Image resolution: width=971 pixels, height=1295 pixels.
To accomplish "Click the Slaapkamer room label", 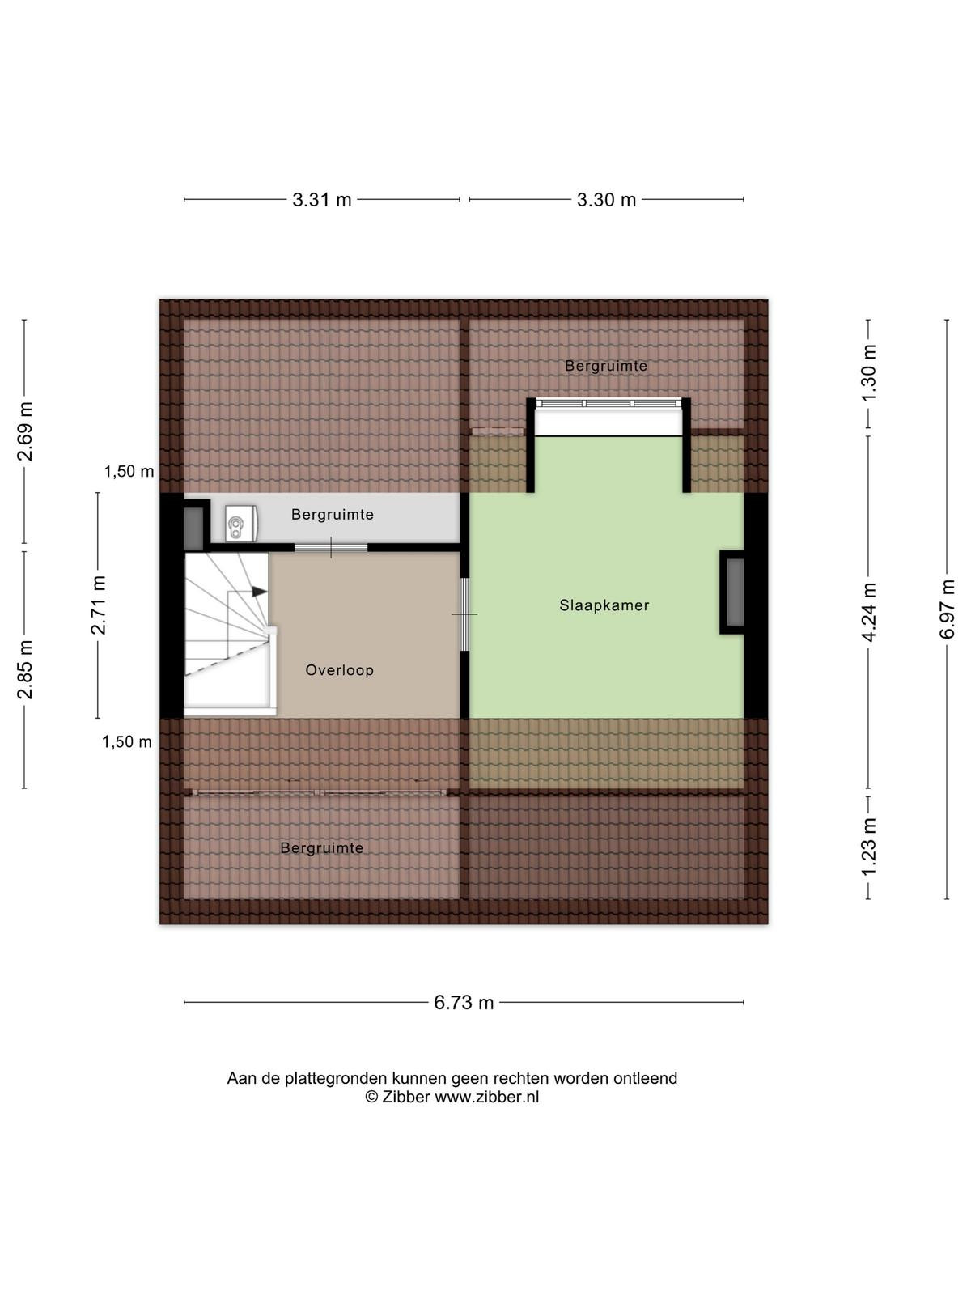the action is click(x=604, y=605).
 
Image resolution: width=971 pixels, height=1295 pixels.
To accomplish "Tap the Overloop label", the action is click(x=339, y=670).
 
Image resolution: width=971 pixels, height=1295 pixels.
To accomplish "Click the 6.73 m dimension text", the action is click(x=464, y=1002).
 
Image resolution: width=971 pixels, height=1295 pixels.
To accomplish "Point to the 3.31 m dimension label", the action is click(x=321, y=200).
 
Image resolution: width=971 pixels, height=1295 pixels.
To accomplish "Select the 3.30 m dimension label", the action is click(x=606, y=200).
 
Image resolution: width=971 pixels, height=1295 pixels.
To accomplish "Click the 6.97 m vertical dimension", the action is click(x=947, y=609).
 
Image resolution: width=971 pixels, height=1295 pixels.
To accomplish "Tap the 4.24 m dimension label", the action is click(x=868, y=612).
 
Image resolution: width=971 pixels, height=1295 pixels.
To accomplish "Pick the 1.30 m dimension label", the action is click(x=868, y=373).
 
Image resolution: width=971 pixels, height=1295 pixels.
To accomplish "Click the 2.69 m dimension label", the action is click(x=25, y=431).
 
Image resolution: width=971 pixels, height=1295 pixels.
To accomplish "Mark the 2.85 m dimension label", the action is click(x=25, y=669).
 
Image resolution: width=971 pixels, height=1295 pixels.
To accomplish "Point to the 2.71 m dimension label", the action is click(x=98, y=605).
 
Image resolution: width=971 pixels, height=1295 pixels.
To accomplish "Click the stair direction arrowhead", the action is click(x=260, y=591).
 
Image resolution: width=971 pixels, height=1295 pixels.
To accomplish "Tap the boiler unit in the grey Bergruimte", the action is click(x=240, y=524).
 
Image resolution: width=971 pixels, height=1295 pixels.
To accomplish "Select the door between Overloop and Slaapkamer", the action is click(x=464, y=614).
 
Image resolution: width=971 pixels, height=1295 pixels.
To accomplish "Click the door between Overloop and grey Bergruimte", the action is click(x=331, y=547).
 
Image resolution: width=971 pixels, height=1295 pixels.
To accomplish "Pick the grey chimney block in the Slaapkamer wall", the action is click(x=735, y=592).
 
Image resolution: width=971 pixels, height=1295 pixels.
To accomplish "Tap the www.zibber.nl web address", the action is click(x=486, y=1097).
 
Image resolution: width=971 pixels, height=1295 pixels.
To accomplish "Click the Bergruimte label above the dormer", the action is click(x=605, y=366).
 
